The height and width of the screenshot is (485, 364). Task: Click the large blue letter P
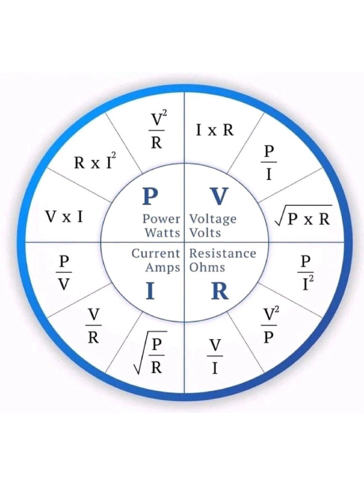tap(150, 196)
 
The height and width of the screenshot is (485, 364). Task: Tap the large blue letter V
tap(219, 196)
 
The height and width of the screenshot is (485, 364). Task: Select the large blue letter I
tap(150, 292)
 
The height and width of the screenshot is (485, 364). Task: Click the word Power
tap(162, 219)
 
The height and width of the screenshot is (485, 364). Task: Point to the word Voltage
tap(213, 220)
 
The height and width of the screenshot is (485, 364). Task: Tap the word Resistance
tap(223, 253)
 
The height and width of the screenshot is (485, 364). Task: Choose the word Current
tap(156, 253)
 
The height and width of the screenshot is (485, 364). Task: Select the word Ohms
tap(207, 267)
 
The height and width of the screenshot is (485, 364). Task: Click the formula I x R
tap(215, 130)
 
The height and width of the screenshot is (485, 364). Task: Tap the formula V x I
tap(64, 217)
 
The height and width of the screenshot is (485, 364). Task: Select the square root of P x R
tap(303, 218)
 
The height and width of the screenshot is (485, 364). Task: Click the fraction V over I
tap(215, 357)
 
